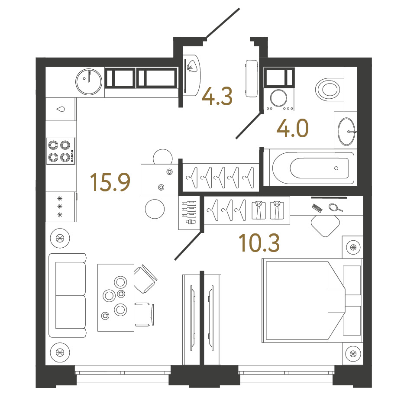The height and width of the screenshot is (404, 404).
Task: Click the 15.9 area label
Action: point(110,182)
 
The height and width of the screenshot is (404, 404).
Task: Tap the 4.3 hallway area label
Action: point(217,96)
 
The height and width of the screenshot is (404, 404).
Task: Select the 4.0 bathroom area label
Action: point(292,128)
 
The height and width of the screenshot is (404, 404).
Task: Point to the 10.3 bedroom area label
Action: point(259,243)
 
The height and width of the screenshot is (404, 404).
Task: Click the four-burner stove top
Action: point(61,151)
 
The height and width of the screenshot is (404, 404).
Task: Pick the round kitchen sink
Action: point(89,82)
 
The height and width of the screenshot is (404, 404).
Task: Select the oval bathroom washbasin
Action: point(346,131)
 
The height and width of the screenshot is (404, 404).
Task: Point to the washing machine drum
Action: point(279,98)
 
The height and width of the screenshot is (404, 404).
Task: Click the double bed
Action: point(312,301)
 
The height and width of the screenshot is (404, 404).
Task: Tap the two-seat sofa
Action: point(68,295)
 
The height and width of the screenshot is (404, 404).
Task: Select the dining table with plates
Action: point(116,297)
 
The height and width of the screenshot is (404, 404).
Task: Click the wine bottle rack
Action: point(189,213)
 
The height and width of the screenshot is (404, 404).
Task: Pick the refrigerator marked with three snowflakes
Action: point(61,207)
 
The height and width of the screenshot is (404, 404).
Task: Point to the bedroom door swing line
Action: point(188,246)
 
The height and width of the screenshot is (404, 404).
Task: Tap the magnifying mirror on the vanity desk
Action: point(335,207)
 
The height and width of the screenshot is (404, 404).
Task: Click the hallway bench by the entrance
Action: point(252,78)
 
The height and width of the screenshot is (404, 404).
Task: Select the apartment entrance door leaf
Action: point(223,23)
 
